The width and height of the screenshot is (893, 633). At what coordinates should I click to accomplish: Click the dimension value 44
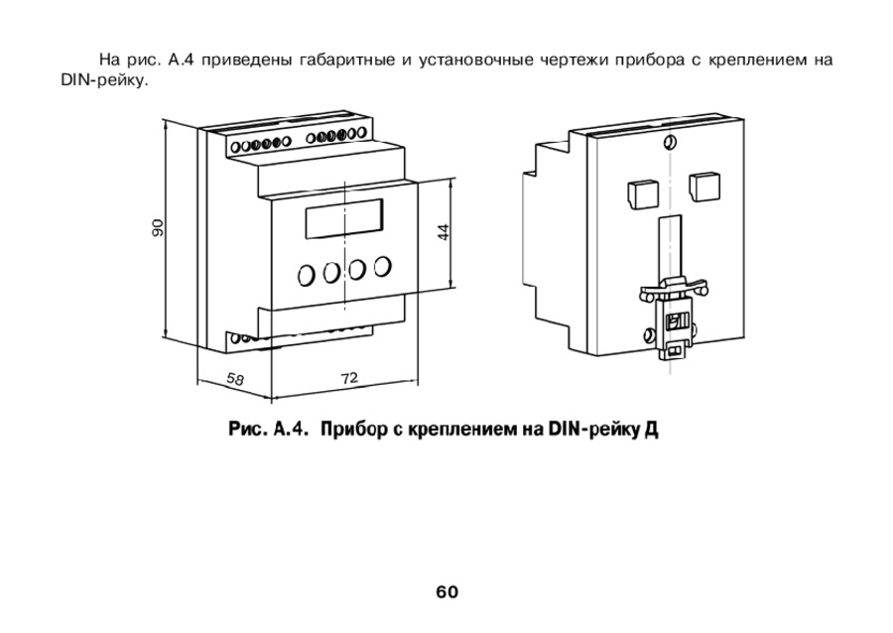(x=444, y=231)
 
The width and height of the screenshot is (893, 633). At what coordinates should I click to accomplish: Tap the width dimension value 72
(x=349, y=377)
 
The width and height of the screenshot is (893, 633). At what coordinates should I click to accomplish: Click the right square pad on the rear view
(x=704, y=186)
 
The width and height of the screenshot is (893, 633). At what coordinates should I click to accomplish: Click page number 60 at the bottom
(x=446, y=592)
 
